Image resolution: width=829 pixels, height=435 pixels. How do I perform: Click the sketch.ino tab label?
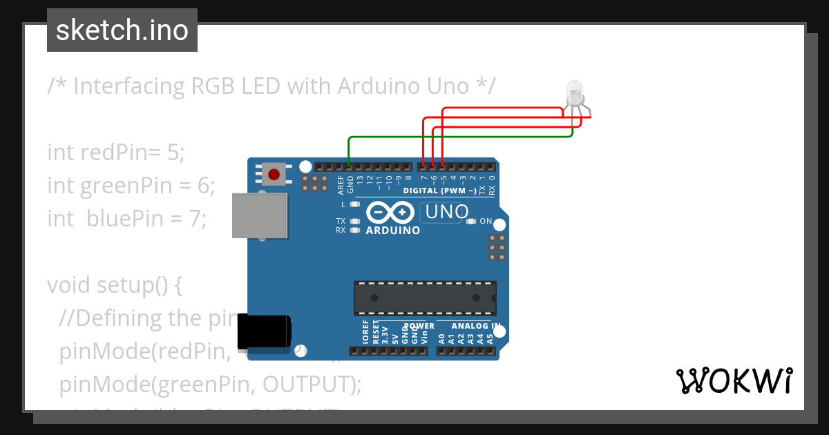pyautogui.click(x=122, y=30)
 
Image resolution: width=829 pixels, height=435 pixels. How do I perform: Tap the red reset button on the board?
pyautogui.click(x=274, y=173)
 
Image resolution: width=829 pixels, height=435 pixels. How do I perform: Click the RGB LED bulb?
pyautogui.click(x=575, y=93)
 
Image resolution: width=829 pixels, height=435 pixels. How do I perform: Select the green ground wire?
pyautogui.click(x=456, y=137)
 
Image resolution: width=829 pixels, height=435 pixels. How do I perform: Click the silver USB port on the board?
pyautogui.click(x=260, y=215)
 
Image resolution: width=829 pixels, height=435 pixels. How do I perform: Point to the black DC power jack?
pyautogui.click(x=264, y=332)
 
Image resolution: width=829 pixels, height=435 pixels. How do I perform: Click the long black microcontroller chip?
pyautogui.click(x=425, y=297)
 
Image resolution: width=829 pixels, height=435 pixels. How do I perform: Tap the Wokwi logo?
pyautogui.click(x=734, y=380)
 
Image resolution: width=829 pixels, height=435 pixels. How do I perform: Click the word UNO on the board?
pyautogui.click(x=447, y=212)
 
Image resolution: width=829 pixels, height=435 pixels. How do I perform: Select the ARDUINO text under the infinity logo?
pyautogui.click(x=392, y=231)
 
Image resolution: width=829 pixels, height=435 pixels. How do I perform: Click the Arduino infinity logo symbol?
pyautogui.click(x=392, y=212)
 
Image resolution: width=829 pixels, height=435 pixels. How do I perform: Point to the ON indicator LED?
pyautogui.click(x=471, y=222)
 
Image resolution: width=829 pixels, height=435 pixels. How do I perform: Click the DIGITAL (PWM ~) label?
pyautogui.click(x=439, y=191)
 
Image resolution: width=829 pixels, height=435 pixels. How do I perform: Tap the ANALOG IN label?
pyautogui.click(x=476, y=326)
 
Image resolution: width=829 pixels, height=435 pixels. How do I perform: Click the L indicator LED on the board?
pyautogui.click(x=355, y=204)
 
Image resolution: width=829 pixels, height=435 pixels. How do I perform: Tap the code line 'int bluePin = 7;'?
pyautogui.click(x=127, y=218)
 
